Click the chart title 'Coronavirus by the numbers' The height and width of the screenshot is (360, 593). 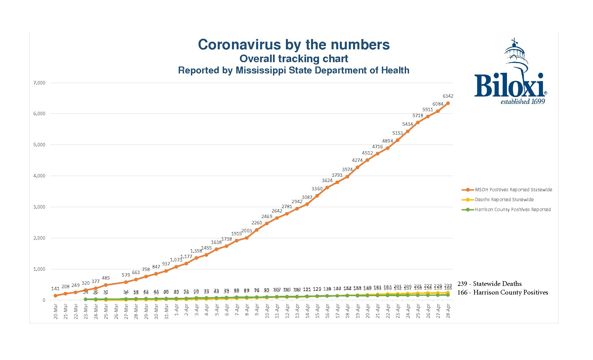point(294,45)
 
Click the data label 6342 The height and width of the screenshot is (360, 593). point(448,96)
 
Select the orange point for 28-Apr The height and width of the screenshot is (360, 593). point(448,103)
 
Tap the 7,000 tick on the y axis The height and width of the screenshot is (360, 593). point(39,83)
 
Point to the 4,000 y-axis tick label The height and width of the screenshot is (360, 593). point(39,176)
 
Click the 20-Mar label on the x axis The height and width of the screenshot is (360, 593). point(56,311)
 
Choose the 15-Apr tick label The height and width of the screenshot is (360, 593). point(317,311)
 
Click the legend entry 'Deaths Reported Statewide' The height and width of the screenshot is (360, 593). point(504,200)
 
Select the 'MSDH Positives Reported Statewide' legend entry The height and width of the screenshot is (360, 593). point(513,190)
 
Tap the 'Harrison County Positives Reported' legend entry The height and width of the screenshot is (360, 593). point(513,209)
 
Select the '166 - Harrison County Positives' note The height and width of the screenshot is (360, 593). point(502,292)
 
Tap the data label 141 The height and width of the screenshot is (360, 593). point(55,289)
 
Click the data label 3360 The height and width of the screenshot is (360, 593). point(317,189)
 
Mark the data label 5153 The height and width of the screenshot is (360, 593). point(397,133)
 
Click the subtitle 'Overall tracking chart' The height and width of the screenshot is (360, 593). point(294,59)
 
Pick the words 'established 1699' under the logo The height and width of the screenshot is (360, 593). point(523,102)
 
